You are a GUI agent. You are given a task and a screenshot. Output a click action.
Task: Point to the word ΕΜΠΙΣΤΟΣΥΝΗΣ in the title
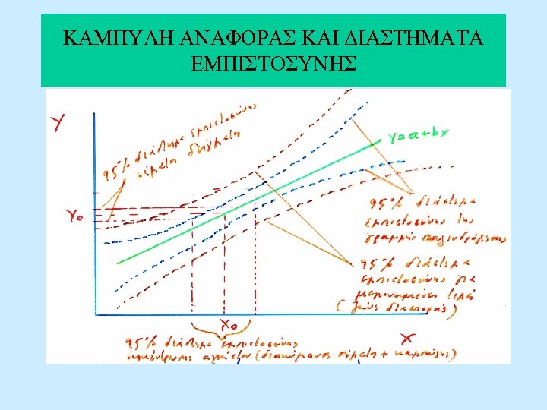273,64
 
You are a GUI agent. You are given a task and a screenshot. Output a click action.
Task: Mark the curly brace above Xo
226,311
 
